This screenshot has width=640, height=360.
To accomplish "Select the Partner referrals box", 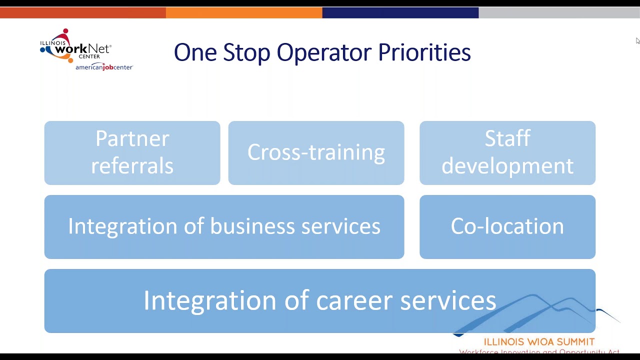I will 132,152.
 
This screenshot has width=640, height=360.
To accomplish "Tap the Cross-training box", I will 316,152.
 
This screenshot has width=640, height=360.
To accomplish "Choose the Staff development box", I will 507,152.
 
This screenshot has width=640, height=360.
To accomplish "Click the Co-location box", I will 507,226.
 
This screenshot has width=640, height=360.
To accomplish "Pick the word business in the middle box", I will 252,226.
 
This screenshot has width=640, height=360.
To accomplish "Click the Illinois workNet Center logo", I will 75,47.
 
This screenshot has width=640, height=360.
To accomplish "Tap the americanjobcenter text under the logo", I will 104,67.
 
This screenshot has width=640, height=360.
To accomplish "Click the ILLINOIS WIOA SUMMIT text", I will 539,342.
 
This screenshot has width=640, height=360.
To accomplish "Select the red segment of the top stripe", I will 82,13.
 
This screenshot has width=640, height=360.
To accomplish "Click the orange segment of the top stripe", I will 244,13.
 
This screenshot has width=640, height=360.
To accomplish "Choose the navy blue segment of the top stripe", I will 400,13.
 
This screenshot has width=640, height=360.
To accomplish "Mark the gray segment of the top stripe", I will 559,13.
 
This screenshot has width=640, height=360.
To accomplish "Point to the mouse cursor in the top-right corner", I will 637,40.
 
